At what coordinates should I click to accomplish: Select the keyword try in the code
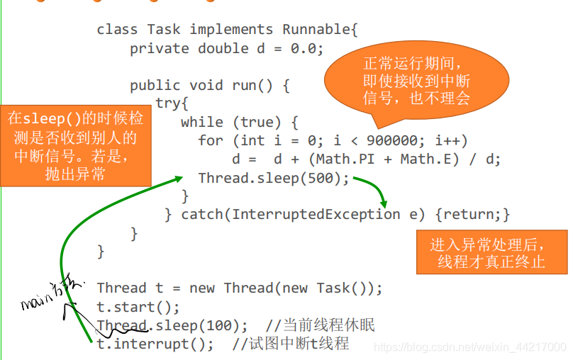[172, 103]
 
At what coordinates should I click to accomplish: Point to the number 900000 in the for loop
[391, 140]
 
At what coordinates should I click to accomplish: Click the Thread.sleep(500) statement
[274, 178]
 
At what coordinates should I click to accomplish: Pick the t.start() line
[138, 307]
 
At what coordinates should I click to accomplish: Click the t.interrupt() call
[155, 344]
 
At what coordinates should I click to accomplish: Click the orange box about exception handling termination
[491, 253]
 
